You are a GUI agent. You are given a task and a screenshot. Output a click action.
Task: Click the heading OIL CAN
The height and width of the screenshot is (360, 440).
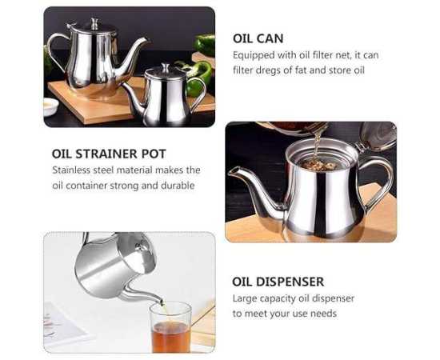(258, 38)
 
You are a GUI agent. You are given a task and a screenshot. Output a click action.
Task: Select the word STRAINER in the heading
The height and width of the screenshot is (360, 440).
(107, 154)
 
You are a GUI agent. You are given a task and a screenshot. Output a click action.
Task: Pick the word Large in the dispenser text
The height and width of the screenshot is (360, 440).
(245, 298)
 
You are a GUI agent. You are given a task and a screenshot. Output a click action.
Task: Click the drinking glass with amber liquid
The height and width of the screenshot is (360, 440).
(170, 327)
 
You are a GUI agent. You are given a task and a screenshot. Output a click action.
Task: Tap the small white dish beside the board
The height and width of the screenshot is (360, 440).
(50, 106)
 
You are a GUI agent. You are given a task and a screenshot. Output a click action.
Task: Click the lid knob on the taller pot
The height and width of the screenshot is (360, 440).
(94, 23)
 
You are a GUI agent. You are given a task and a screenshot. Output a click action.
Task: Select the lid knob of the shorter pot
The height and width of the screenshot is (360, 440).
(165, 67)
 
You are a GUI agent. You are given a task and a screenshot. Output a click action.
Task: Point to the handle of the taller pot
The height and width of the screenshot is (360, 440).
(58, 50)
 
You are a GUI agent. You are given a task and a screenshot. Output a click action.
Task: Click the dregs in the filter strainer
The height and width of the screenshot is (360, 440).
(318, 165)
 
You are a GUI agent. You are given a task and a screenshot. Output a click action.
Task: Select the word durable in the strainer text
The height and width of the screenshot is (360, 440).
(178, 186)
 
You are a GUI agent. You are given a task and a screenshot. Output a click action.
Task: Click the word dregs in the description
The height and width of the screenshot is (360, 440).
(268, 70)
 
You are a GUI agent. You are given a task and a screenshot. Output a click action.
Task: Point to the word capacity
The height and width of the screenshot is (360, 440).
(278, 299)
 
